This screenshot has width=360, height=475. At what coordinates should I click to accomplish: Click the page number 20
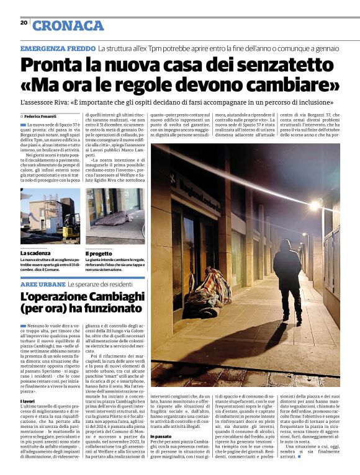[24, 23]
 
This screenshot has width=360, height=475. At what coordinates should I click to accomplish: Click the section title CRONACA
[68, 26]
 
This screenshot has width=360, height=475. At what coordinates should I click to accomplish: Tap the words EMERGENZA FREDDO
[58, 48]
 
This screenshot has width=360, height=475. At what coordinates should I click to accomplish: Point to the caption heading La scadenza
[34, 253]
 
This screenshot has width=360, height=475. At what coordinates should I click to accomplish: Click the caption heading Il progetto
[99, 253]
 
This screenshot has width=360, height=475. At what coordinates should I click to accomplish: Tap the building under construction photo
[50, 220]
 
